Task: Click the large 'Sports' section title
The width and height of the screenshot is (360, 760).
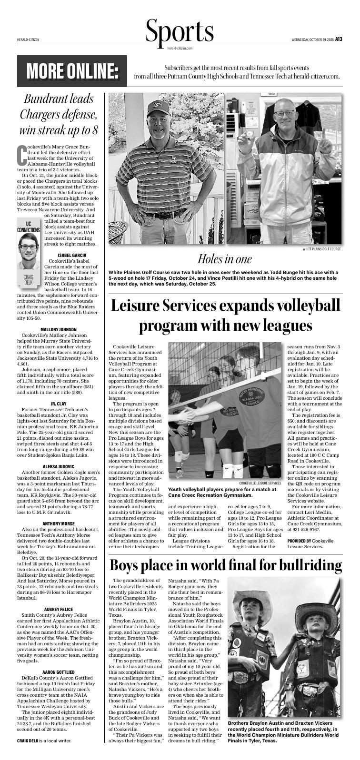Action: coord(180,31)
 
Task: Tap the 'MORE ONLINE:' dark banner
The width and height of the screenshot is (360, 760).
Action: coord(72,71)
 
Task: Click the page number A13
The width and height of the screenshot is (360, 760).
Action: coord(338,39)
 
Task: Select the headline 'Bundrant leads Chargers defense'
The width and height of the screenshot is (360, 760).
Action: coord(59,115)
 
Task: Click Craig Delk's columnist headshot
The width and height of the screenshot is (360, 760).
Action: coord(29,250)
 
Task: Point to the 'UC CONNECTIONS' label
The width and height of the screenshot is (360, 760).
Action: coord(29,227)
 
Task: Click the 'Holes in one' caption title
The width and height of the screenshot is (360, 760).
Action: coord(224,259)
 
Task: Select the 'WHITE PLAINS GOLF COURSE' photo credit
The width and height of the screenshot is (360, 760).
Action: coord(321,249)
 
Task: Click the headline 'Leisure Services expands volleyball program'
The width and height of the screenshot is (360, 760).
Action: coord(225,316)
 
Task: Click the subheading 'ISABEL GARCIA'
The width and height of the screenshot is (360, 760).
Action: coord(71,255)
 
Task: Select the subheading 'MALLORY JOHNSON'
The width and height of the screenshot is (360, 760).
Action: coord(59,329)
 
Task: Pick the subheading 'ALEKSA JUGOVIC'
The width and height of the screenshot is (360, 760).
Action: coord(59,466)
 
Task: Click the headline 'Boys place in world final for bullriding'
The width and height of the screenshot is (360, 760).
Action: coord(225,565)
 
